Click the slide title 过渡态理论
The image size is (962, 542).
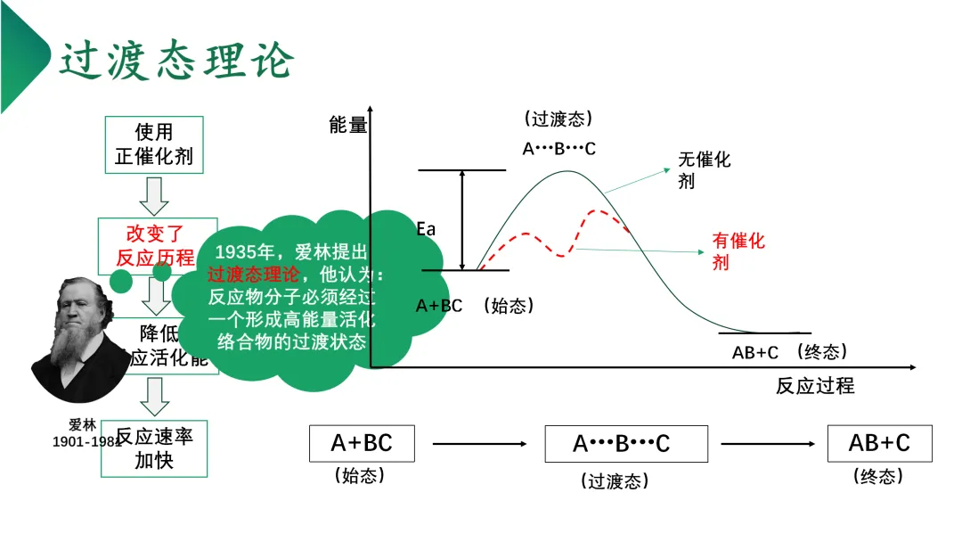(x=176, y=62)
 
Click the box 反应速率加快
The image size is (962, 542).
(x=154, y=448)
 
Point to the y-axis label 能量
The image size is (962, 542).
(x=348, y=125)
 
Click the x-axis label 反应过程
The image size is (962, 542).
(x=815, y=386)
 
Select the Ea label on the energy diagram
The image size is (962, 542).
(x=427, y=229)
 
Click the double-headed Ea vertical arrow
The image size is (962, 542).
(x=462, y=219)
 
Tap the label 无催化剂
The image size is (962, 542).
(x=704, y=169)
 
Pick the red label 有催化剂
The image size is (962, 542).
(x=738, y=251)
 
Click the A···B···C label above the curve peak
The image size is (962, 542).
(x=558, y=149)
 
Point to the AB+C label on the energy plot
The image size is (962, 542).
(x=755, y=353)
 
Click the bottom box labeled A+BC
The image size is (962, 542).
(x=362, y=443)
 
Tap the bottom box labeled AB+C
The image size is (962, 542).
(x=879, y=443)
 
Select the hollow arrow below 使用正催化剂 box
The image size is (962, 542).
(x=155, y=196)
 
